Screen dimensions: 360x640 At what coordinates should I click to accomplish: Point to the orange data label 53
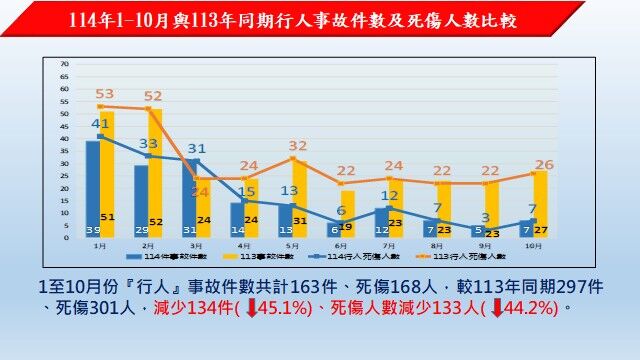pos(104,94)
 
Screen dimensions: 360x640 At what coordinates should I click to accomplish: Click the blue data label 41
pos(100,124)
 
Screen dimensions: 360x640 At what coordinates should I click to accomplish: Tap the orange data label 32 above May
pos(297,146)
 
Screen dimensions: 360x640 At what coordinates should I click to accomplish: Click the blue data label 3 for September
pos(485,218)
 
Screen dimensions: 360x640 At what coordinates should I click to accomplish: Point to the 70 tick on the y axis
pos(64,64)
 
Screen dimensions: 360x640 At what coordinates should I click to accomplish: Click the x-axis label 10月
pos(533,244)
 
